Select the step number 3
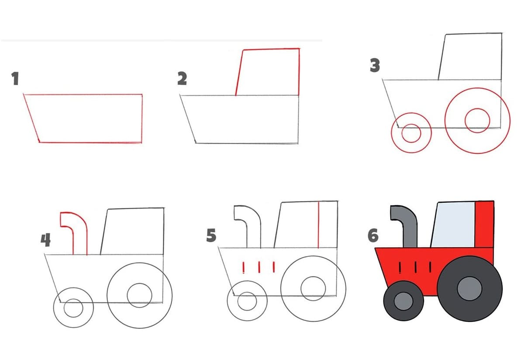point(375,65)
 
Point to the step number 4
point(46,240)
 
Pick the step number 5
point(211,235)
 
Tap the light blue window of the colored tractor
point(453,225)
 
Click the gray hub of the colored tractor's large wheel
point(469,288)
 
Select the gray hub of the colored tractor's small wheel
point(403,301)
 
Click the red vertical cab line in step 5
point(318,225)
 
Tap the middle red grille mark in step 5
point(259,267)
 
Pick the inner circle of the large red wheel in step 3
point(477,109)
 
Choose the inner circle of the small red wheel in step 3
point(411,124)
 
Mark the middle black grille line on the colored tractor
point(415,267)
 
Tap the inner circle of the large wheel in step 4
point(139,284)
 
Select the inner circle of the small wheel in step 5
point(247,292)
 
